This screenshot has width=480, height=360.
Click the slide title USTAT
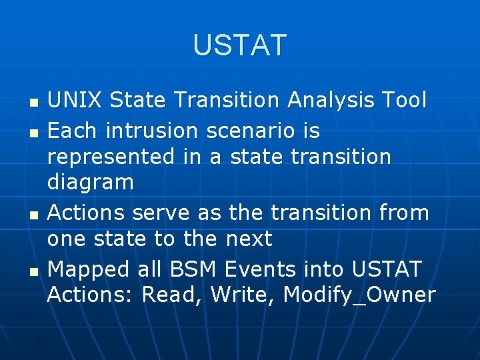(239, 45)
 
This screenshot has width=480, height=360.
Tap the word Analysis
(331, 100)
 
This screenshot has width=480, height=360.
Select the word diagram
(91, 183)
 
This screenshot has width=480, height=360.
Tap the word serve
(159, 213)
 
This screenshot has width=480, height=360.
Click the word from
(402, 213)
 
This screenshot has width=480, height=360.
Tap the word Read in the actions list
(172, 295)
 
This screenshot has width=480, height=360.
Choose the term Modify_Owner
(359, 295)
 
